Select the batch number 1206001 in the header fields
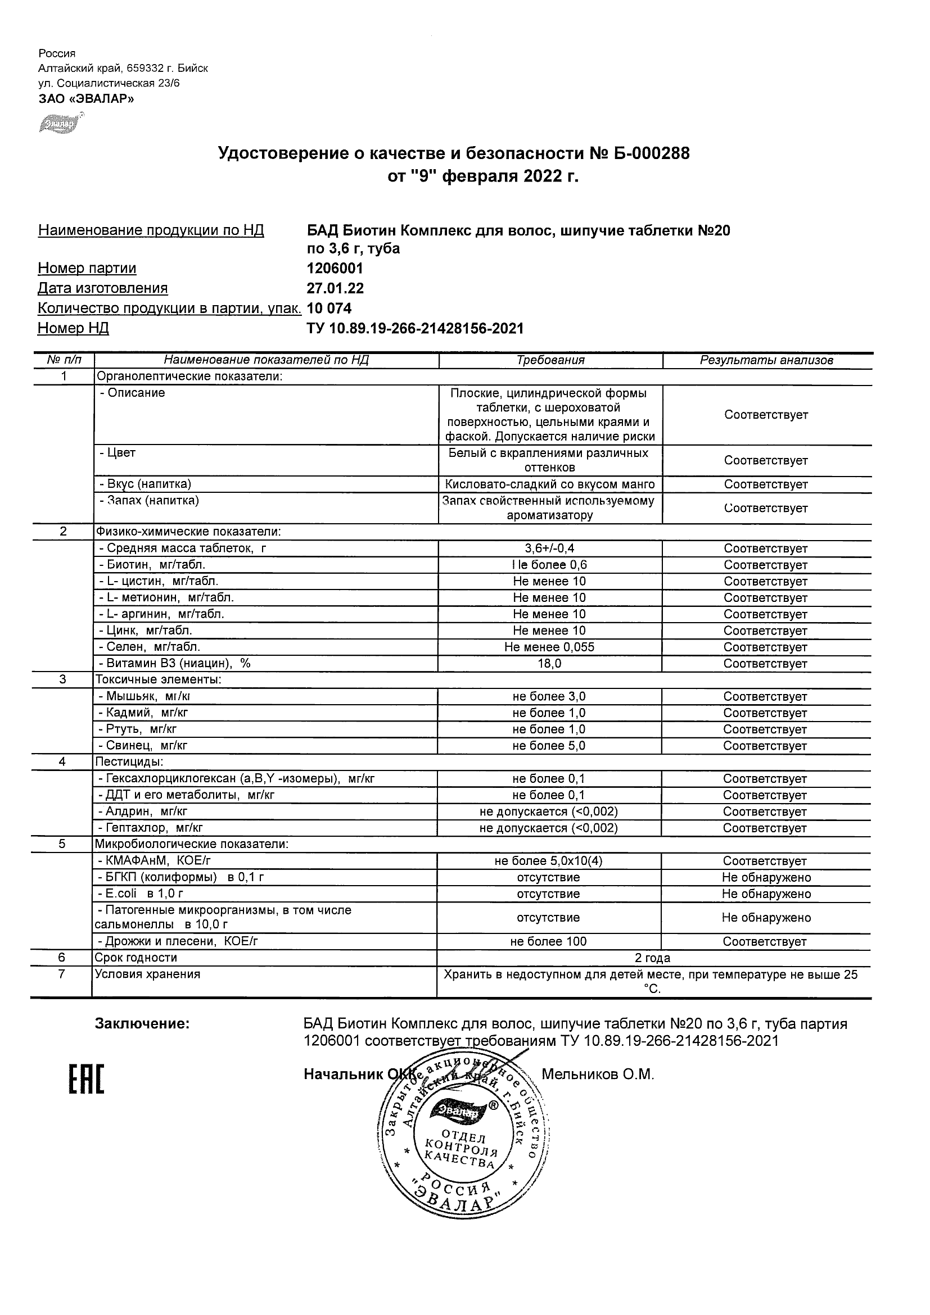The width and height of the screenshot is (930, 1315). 335,269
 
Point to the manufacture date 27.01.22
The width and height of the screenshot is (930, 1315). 335,288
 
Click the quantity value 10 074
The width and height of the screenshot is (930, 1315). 329,308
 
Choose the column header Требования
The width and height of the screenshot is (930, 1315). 550,360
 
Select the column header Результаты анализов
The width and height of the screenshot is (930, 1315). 766,360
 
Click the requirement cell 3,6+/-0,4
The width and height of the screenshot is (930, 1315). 549,548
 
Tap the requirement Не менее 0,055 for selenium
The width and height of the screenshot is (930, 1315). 549,647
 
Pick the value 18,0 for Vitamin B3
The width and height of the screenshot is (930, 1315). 549,664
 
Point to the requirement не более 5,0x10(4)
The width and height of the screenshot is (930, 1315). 548,861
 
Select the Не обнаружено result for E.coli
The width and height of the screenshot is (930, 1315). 766,894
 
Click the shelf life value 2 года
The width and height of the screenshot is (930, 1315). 653,958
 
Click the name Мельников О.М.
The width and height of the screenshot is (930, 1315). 598,1074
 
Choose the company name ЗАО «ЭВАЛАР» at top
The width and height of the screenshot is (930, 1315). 87,98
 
